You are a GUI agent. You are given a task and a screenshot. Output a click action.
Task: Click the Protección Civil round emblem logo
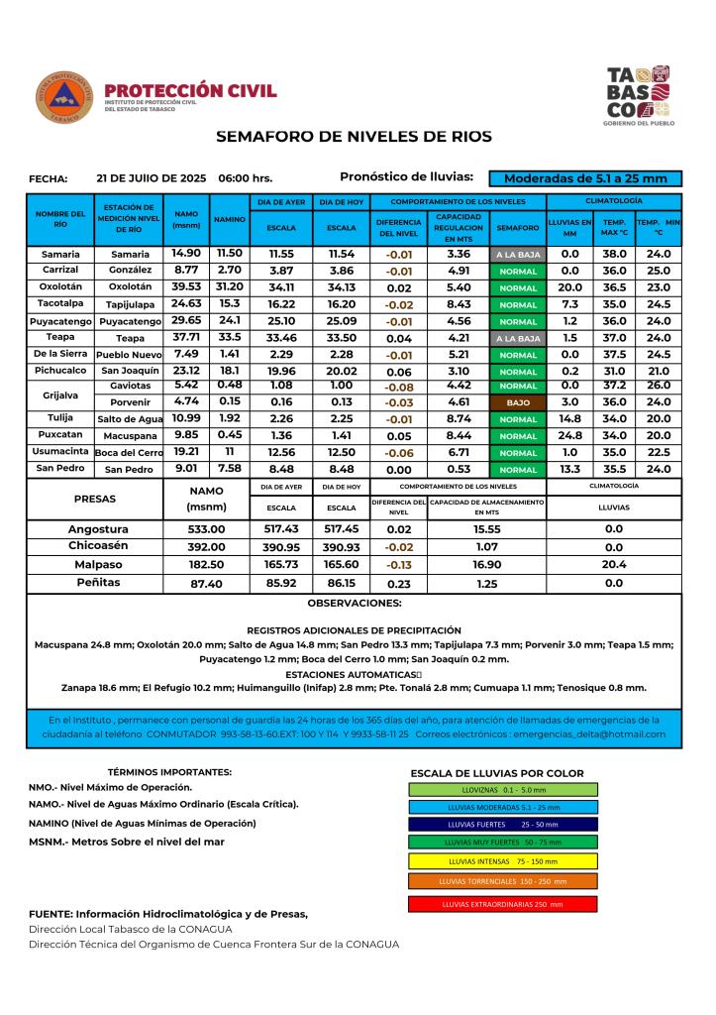click(64, 97)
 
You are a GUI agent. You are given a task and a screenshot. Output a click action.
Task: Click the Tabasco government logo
click(638, 94)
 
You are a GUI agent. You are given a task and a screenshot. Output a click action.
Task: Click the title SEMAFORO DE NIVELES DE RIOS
click(354, 136)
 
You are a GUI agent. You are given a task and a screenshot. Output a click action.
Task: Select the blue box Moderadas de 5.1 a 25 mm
click(585, 178)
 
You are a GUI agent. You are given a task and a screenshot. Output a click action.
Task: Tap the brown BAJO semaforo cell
click(518, 403)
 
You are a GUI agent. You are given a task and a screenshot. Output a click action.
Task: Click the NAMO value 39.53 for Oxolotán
click(186, 286)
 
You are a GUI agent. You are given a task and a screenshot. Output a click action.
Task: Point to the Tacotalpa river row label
click(60, 303)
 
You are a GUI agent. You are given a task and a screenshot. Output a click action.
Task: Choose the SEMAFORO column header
click(518, 227)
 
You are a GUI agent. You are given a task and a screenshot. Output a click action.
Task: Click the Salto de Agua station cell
click(130, 419)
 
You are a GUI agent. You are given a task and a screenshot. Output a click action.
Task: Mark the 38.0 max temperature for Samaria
click(615, 254)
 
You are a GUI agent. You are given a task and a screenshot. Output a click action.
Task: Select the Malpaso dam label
click(98, 565)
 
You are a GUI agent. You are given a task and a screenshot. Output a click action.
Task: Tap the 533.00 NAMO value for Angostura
click(207, 529)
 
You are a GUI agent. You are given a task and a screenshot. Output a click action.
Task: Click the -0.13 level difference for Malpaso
click(397, 565)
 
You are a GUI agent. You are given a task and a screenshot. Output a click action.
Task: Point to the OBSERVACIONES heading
click(354, 603)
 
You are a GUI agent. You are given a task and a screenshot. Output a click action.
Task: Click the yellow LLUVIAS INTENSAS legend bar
click(502, 861)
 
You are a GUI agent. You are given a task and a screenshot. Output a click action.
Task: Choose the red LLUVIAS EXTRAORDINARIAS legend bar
click(502, 904)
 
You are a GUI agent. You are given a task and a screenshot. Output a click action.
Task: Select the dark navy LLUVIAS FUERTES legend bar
click(502, 824)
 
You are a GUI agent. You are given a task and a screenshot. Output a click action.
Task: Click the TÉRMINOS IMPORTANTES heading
click(169, 771)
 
